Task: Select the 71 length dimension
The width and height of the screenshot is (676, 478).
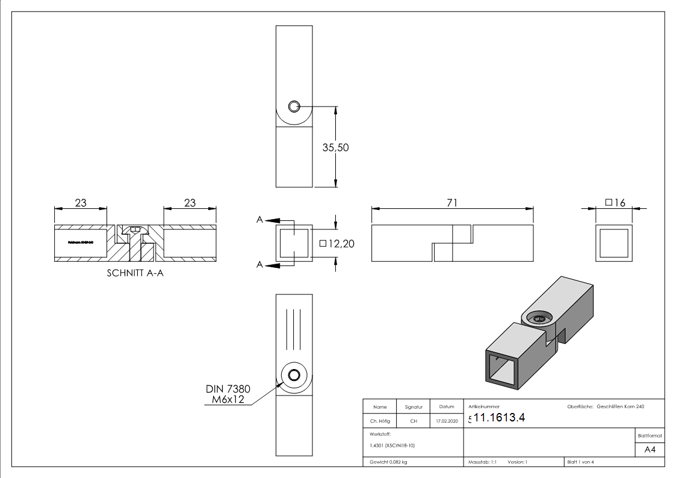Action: (x=452, y=203)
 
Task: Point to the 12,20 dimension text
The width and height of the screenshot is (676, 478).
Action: (x=335, y=244)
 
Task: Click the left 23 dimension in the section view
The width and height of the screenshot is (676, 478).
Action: (x=81, y=203)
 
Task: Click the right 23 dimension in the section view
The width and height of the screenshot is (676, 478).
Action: (x=190, y=203)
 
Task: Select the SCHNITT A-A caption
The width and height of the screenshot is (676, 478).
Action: (x=135, y=272)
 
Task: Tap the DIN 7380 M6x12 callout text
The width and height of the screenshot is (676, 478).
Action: (x=228, y=394)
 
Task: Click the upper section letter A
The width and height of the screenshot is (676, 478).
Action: (x=259, y=220)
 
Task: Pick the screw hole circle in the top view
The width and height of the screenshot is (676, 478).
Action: (x=294, y=107)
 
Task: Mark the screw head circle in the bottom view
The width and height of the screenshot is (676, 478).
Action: (x=294, y=376)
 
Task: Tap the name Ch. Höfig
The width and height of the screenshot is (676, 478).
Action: (x=379, y=421)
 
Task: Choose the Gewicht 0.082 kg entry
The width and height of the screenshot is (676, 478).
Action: (x=388, y=462)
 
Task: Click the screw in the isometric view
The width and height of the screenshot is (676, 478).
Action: (x=539, y=318)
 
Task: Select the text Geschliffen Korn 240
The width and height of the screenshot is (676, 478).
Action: (x=620, y=407)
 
